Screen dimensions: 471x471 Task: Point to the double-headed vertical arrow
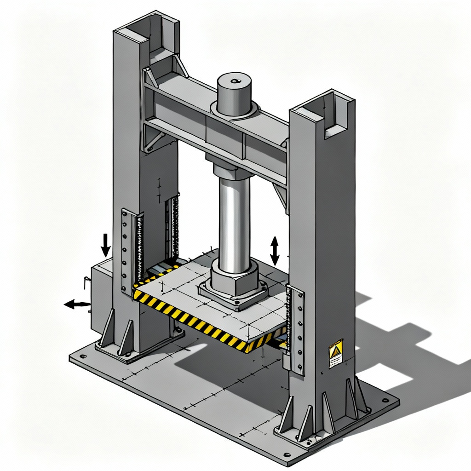[x=275, y=251]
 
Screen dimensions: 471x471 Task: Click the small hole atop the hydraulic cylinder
[x=236, y=81]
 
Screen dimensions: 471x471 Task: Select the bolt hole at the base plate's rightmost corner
[x=385, y=400]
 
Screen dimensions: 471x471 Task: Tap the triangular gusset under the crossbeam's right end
[x=281, y=193]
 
